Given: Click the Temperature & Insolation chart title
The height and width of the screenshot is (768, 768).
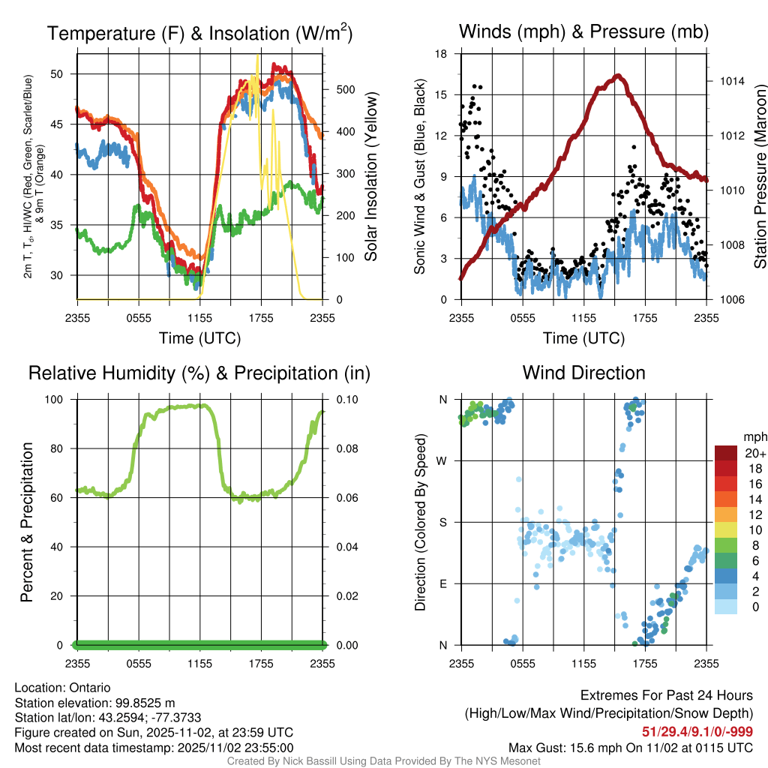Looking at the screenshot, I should (x=199, y=33).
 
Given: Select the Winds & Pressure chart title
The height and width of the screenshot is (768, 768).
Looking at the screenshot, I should (x=583, y=31).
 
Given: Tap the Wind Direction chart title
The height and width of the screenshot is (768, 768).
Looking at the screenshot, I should (x=583, y=373).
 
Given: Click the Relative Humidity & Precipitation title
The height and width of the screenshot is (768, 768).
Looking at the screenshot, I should (x=199, y=373).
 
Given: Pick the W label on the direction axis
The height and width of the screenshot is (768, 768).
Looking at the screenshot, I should (x=443, y=460).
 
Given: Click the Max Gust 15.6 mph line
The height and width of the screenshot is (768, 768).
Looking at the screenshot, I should (x=630, y=748).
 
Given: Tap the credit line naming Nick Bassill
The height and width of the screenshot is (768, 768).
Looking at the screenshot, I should (x=383, y=761).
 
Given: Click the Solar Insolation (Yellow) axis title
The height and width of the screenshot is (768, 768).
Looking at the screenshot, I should (x=370, y=177).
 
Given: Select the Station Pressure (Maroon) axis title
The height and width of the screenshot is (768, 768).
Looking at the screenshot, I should (x=760, y=177).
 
